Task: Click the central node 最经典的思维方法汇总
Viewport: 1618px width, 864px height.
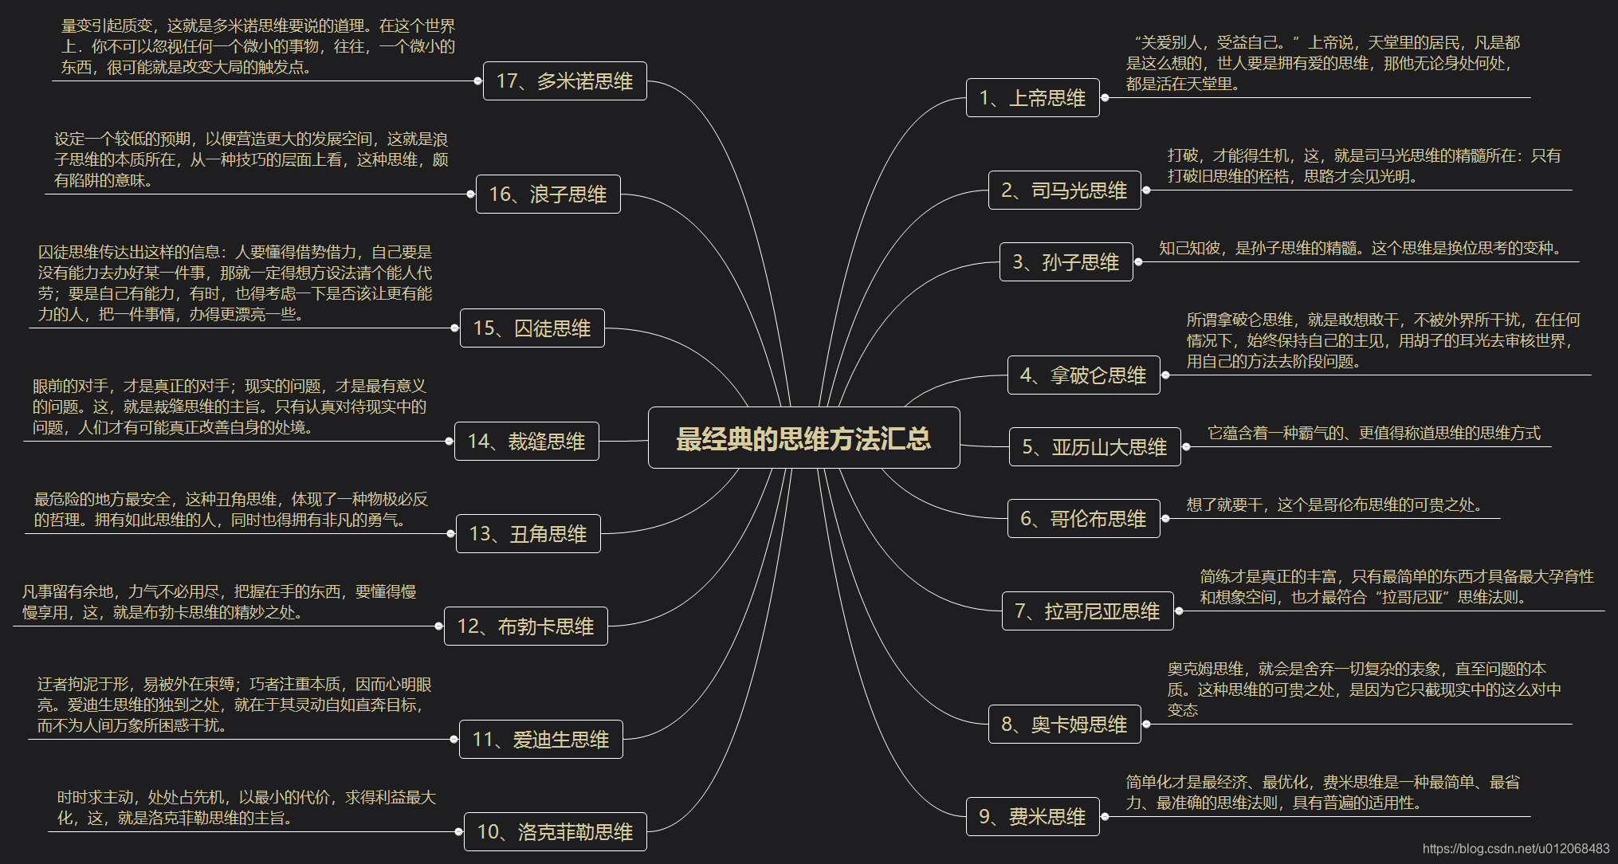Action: pyautogui.click(x=803, y=438)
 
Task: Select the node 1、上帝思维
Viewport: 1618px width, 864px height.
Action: pyautogui.click(x=1032, y=98)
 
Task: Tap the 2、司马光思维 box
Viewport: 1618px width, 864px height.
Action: pyautogui.click(x=1064, y=190)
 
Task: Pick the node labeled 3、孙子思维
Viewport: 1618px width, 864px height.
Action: pyautogui.click(x=1066, y=262)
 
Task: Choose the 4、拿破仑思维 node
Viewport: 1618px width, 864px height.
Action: pyautogui.click(x=1083, y=375)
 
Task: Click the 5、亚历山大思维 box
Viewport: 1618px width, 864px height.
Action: pyautogui.click(x=1094, y=447)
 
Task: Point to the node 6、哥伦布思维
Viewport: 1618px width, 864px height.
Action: pyautogui.click(x=1083, y=519)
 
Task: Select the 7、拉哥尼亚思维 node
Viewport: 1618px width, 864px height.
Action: pyautogui.click(x=1087, y=611)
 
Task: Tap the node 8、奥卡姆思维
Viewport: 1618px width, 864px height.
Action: pyautogui.click(x=1064, y=725)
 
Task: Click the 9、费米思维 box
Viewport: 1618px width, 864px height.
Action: pyautogui.click(x=1032, y=817)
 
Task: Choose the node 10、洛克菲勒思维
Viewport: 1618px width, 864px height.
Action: pyautogui.click(x=555, y=832)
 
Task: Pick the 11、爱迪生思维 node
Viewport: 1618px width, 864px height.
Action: pyautogui.click(x=540, y=740)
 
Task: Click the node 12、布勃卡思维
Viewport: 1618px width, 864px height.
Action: pyautogui.click(x=525, y=626)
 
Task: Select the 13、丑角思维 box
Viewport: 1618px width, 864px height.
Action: pyautogui.click(x=528, y=534)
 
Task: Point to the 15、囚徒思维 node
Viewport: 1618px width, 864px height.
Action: pyautogui.click(x=532, y=328)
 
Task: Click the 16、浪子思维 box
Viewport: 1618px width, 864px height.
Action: pyautogui.click(x=548, y=194)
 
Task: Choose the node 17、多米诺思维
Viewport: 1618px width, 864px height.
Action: pyautogui.click(x=564, y=81)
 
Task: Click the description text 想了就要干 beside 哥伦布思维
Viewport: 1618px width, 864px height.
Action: pyautogui.click(x=1333, y=505)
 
